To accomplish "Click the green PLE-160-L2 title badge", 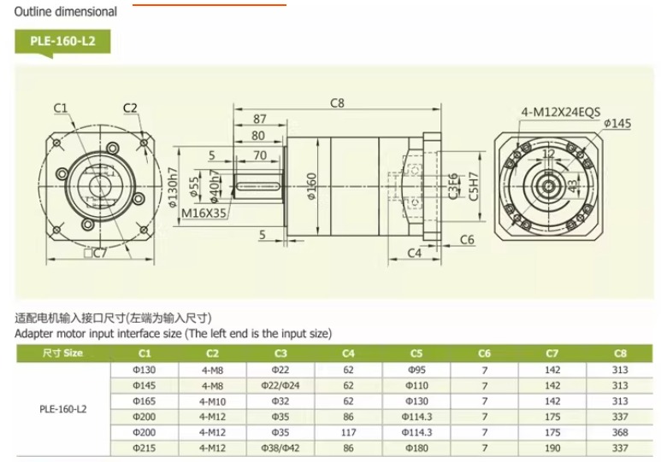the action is click(62, 41).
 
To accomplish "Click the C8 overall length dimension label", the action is click(337, 103).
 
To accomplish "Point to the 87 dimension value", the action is click(260, 120).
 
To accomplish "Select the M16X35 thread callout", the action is click(204, 213).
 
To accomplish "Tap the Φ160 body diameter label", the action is click(311, 186).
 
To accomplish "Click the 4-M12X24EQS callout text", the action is click(561, 112).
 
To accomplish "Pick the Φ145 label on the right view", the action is click(617, 123).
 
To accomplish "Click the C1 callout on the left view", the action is click(60, 108).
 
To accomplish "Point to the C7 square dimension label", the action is click(96, 254).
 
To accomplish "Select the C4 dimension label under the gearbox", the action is click(415, 253).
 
